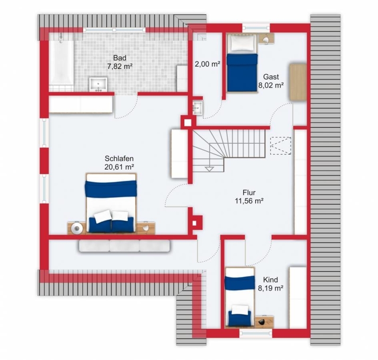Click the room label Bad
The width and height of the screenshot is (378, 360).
pyautogui.click(x=120, y=58)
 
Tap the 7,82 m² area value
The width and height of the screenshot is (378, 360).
pyautogui.click(x=120, y=66)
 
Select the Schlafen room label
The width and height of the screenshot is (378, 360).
pyautogui.click(x=119, y=158)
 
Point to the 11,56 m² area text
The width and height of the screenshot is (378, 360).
pyautogui.click(x=249, y=201)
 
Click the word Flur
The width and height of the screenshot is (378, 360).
pyautogui.click(x=249, y=193)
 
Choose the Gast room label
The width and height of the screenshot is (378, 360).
pyautogui.click(x=271, y=77)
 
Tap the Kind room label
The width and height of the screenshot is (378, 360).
pyautogui.click(x=270, y=280)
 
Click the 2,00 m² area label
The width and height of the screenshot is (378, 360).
pyautogui.click(x=207, y=64)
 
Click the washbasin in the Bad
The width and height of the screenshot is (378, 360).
pyautogui.click(x=98, y=84)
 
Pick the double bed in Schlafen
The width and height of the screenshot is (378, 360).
pyautogui.click(x=111, y=203)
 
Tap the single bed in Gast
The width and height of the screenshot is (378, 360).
pyautogui.click(x=242, y=63)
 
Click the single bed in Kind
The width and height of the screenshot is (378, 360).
pyautogui.click(x=240, y=297)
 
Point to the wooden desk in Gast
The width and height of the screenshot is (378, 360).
pyautogui.click(x=298, y=81)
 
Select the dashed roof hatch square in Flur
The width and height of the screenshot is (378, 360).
pyautogui.click(x=281, y=146)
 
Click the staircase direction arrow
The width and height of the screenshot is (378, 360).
pyautogui.click(x=209, y=169)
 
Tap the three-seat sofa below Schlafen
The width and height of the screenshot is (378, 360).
pyautogui.click(x=124, y=246)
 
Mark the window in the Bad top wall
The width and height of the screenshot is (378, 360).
pyautogui.click(x=114, y=30)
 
